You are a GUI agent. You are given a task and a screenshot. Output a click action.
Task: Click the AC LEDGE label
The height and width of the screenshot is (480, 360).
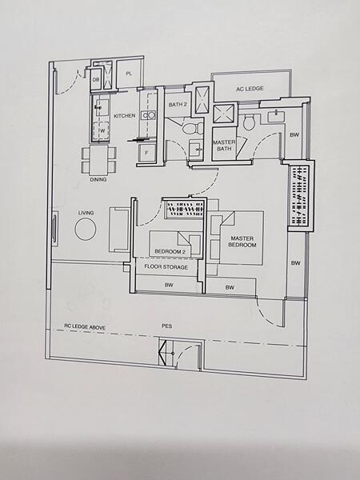point(250,90)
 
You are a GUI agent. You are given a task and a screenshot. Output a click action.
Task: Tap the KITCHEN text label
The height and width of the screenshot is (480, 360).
point(125,117)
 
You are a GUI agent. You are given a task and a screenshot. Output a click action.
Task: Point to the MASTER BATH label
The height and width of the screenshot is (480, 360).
point(223,146)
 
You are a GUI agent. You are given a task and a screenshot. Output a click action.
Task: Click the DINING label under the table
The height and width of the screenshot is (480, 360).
point(98,180)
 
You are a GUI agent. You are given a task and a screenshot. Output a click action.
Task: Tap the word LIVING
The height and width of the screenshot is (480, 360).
point(86,213)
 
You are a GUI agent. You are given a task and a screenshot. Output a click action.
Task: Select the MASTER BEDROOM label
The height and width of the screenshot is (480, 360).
point(242,242)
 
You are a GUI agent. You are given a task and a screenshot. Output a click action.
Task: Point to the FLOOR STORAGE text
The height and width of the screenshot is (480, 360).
point(166,266)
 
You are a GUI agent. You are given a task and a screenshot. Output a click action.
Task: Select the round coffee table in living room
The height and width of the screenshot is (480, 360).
point(86,230)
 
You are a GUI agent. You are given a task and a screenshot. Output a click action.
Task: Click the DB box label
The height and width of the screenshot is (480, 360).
point(95,79)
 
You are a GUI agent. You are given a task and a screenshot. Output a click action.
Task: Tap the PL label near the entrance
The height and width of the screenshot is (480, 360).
point(128,75)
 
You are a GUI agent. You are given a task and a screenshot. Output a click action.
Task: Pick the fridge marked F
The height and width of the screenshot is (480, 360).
point(146,151)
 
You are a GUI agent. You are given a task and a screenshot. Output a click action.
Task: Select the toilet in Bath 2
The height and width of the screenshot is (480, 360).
point(189,128)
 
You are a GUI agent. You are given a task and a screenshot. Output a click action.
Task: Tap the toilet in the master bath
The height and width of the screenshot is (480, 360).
point(249,122)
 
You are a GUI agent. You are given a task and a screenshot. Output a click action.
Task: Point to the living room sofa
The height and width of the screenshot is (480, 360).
point(119,230)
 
